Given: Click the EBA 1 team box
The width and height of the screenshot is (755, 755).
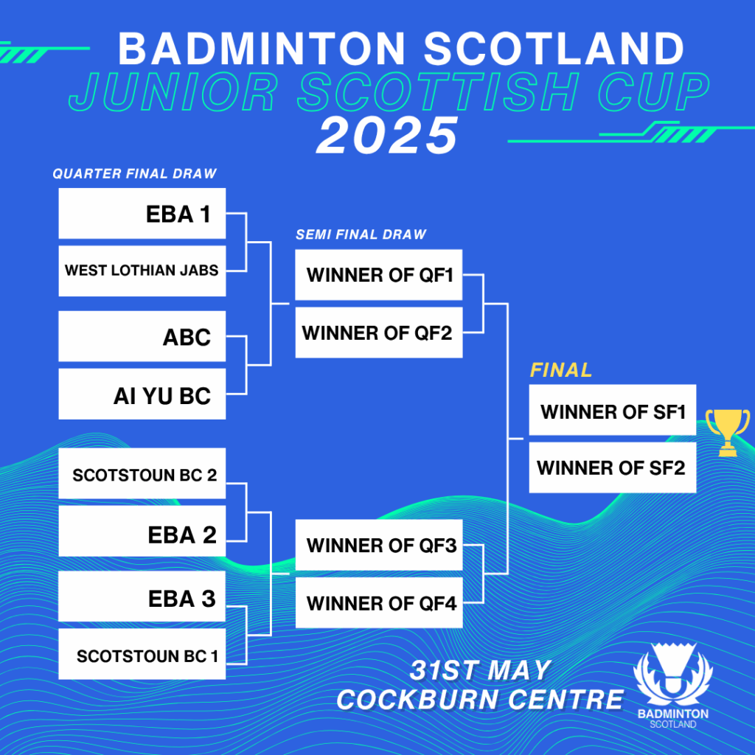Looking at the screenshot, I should point(142,214).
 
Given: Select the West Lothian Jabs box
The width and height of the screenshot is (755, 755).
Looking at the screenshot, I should point(142,271).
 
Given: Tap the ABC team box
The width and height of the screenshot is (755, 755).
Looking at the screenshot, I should point(142,337).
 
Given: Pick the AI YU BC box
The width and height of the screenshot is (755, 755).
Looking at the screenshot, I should point(142,394).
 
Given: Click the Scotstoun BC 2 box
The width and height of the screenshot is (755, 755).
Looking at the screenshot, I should point(142,474).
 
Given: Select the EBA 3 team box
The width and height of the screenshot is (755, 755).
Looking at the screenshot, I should point(142,596).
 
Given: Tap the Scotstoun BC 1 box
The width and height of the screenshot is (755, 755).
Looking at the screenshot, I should point(142,654).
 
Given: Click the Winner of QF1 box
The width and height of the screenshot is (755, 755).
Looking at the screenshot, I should point(379,275).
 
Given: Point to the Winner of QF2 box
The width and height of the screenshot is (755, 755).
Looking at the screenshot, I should point(379,333).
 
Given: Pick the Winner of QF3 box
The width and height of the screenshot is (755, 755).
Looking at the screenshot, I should point(379,546).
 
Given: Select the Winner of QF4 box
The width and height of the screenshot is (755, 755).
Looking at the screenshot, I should point(379,603).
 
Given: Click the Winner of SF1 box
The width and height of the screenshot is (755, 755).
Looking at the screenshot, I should point(613,411).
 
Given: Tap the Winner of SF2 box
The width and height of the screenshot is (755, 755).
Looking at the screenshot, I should point(613,467).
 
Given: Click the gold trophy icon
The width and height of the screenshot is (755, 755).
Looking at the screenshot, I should point(727,432).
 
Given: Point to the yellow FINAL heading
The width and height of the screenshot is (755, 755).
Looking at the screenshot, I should point(561,370).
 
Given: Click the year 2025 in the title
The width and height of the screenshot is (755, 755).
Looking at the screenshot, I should point(388,136).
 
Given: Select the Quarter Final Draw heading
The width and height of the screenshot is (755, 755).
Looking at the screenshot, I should point(134,174).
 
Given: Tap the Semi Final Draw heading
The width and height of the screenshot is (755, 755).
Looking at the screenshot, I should point(361,234).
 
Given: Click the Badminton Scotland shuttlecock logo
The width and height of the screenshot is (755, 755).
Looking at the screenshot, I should point(672,682).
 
